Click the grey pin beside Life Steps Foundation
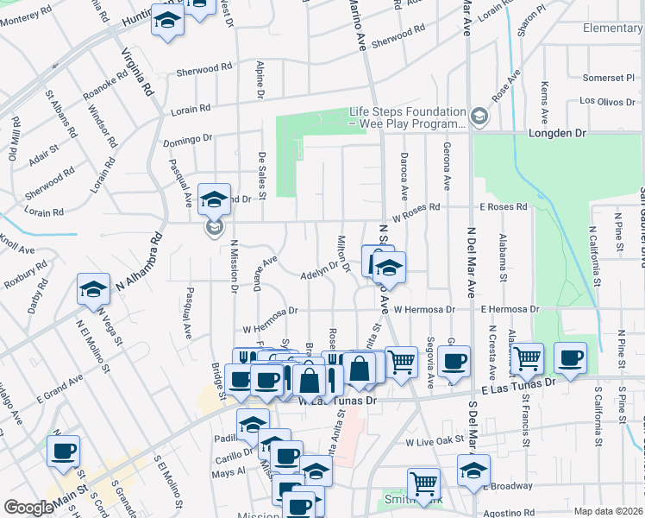pyautogui.click(x=479, y=116)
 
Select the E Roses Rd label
pyautogui.click(x=504, y=207)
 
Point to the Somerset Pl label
pyautogui.click(x=608, y=78)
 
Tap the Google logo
pyautogui.click(x=28, y=508)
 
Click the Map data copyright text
pyautogui.click(x=608, y=510)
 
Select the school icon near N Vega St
pyautogui.click(x=93, y=291)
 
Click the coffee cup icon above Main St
pyautogui.click(x=63, y=451)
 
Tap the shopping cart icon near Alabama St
pyautogui.click(x=526, y=357)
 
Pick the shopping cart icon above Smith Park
pyautogui.click(x=423, y=483)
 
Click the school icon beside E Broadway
pyautogui.click(x=473, y=471)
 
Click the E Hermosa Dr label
pyautogui.click(x=510, y=309)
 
